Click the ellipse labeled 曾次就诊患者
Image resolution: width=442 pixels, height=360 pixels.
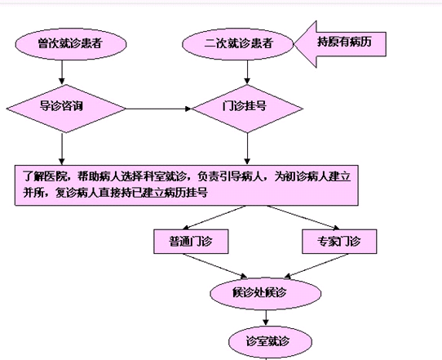point(71,44)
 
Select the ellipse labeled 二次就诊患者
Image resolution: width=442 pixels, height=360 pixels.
point(237,44)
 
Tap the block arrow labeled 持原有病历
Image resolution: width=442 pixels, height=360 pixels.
point(340,44)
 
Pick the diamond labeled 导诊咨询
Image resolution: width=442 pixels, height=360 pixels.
point(66,109)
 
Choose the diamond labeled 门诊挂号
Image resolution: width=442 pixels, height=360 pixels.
point(247,109)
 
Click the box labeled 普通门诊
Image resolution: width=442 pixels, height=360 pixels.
point(191,242)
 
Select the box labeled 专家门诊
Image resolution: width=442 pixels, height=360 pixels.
point(339,242)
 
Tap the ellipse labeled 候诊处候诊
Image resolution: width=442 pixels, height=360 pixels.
point(266,293)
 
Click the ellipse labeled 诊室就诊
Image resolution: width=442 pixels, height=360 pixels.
point(270,342)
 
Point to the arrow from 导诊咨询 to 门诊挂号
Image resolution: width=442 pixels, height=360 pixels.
point(158,109)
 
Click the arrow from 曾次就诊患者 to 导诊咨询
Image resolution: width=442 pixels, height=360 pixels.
point(62,72)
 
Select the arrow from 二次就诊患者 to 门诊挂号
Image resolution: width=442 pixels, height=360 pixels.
point(247,72)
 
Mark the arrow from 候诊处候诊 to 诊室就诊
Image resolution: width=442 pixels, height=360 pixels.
point(266,318)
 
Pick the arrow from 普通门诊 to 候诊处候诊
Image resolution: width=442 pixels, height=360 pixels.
point(214,266)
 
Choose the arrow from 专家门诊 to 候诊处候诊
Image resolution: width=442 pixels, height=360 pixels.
point(316,266)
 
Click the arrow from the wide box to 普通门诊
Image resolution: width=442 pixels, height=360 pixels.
point(214,217)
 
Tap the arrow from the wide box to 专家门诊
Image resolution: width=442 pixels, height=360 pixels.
point(303,217)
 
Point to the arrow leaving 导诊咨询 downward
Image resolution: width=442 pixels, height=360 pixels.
point(62,149)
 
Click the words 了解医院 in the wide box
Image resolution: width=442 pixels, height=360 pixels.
point(45,176)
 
